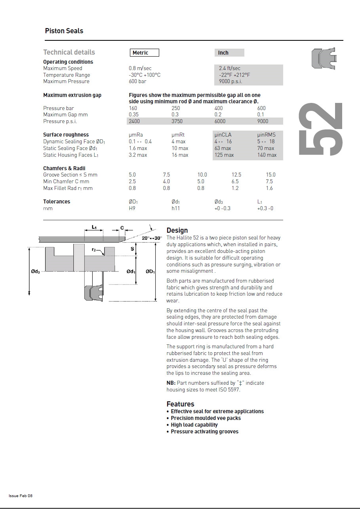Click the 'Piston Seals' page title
pyautogui.click(x=64, y=31)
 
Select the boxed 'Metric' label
pyautogui.click(x=144, y=53)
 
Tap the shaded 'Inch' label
pyautogui.click(x=224, y=53)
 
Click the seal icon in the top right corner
pyautogui.click(x=324, y=58)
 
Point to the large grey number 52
pyautogui.click(x=320, y=129)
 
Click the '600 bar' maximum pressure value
pyautogui.click(x=137, y=82)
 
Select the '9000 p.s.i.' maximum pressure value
pyautogui.click(x=230, y=82)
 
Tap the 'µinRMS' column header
pyautogui.click(x=266, y=135)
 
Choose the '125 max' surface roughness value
pyautogui.click(x=224, y=155)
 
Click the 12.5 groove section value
pyautogui.click(x=236, y=175)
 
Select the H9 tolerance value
pyautogui.click(x=132, y=209)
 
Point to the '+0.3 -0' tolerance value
pyautogui.click(x=265, y=209)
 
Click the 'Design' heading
pyautogui.click(x=177, y=230)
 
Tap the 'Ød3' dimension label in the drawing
pyautogui.click(x=36, y=271)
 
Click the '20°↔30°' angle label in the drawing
pyautogui.click(x=152, y=238)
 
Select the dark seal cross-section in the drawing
pyautogui.click(x=93, y=293)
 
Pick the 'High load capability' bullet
pyautogui.click(x=194, y=425)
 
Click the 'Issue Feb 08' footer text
pyautogui.click(x=21, y=496)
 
